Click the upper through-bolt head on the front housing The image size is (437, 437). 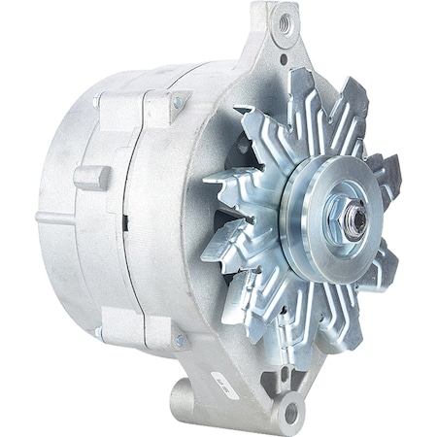178,103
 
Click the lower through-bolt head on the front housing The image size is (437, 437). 178,340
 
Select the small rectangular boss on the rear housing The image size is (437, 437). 91,178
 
